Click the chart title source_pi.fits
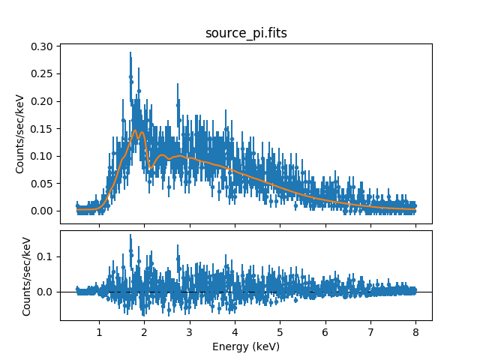pyautogui.click(x=245, y=34)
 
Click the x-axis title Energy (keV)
pyautogui.click(x=245, y=346)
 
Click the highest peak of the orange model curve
pyautogui.click(x=135, y=130)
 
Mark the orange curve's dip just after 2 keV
pyautogui.click(x=151, y=167)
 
